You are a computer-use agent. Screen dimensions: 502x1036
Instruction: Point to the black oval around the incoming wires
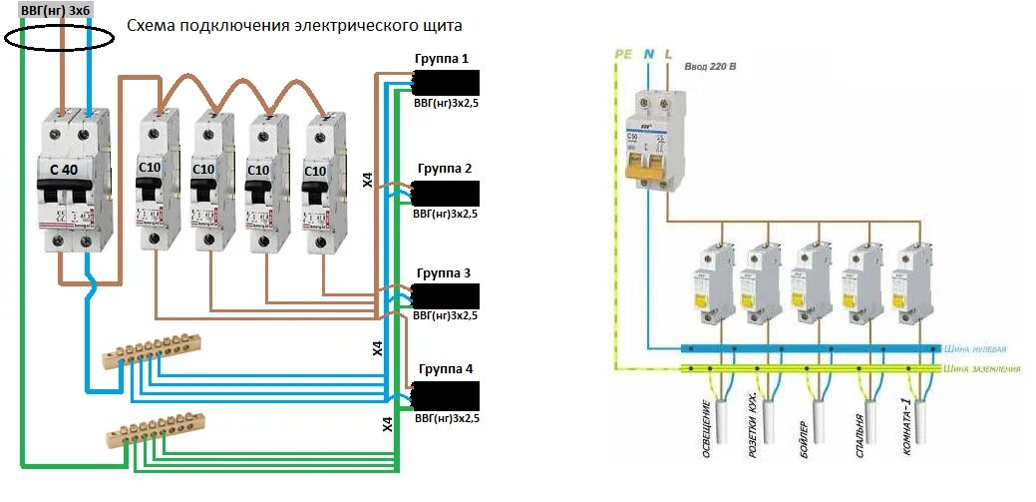click(x=59, y=38)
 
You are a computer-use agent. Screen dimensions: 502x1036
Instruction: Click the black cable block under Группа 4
click(x=445, y=395)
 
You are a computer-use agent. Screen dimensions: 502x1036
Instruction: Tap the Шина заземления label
click(x=982, y=369)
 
